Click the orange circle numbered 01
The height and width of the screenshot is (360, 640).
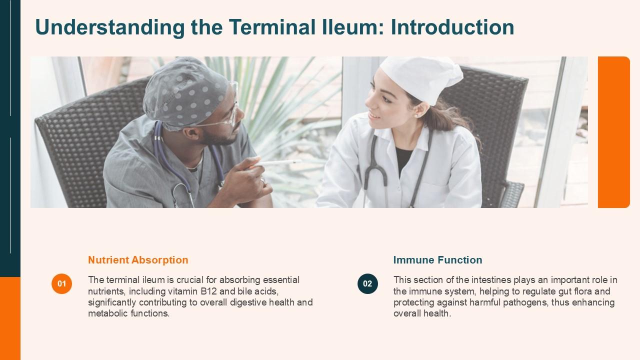(61, 284)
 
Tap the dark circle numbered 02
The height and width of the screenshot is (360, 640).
(367, 284)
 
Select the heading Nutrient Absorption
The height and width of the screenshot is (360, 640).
(138, 260)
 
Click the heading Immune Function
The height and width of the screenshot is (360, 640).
(437, 260)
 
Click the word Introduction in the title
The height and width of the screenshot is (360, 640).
(452, 27)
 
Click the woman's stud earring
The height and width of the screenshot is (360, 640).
(415, 115)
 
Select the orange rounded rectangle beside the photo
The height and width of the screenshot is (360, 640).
(613, 132)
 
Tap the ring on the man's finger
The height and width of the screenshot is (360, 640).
(262, 181)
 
